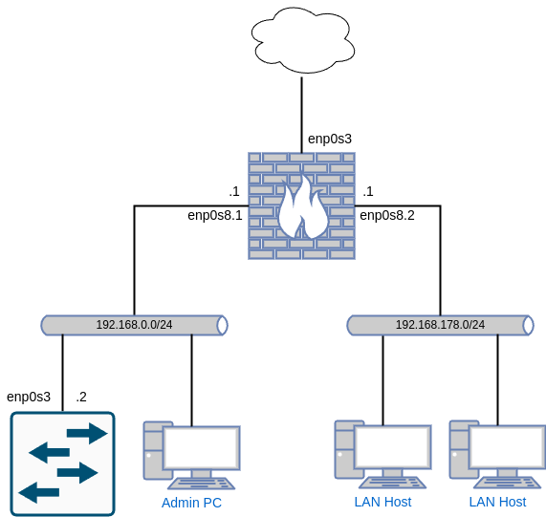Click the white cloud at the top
point(302,40)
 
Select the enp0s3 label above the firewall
point(330,139)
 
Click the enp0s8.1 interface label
point(215,215)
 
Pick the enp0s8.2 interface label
point(387,215)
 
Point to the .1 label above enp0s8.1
point(233,191)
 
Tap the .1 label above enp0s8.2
point(367,191)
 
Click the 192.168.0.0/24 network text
point(134,325)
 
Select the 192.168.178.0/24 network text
point(440,325)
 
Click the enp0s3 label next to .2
point(29,397)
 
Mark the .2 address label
point(81,397)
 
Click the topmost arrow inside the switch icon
point(86,433)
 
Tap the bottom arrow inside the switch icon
point(39,493)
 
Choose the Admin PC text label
point(191,503)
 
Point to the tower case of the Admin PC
point(153,449)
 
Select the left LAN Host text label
point(382,502)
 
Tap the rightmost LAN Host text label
point(497,502)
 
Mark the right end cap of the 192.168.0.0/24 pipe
point(222,325)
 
